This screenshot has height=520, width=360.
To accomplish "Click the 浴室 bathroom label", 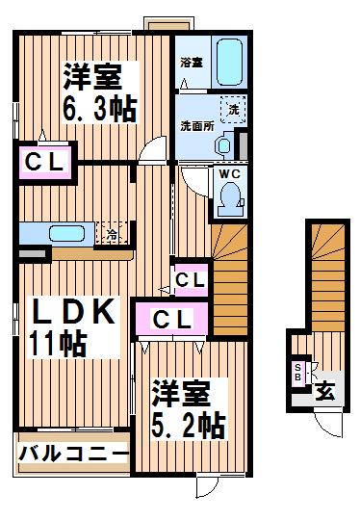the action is [192, 63].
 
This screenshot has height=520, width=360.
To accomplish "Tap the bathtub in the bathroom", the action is [229, 62].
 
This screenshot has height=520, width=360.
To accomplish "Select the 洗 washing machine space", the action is [233, 109].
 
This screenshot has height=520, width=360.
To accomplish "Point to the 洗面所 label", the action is [197, 126].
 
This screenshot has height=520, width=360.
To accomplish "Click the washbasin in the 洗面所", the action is [224, 144].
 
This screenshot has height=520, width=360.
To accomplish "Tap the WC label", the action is [229, 173].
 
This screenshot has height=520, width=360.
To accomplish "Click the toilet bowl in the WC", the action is [230, 199].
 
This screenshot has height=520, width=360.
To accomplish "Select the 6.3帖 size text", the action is [99, 109].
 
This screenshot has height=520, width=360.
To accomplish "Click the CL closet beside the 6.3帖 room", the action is [44, 163].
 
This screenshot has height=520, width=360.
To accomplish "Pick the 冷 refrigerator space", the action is [112, 233].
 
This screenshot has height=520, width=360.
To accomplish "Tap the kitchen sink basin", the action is [66, 233].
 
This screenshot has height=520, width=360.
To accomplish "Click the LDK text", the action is [72, 311].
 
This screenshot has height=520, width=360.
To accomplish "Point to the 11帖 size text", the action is [58, 344].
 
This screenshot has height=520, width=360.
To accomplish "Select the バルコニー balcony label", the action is [73, 453].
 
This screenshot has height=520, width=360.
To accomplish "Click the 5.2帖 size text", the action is [188, 426].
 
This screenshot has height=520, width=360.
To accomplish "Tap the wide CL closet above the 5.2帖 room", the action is [171, 319].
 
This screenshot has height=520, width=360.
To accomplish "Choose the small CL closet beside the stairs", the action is [191, 280].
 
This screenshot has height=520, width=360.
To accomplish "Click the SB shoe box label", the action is [297, 373].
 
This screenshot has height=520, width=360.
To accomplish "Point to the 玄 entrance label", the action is [324, 392].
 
